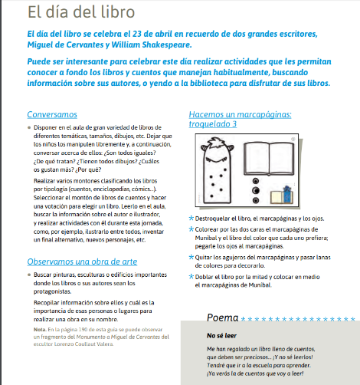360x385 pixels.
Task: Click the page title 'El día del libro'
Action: click(81, 12)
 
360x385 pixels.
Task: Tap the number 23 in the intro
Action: click(136, 34)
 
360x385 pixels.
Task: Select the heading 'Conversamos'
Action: click(52, 114)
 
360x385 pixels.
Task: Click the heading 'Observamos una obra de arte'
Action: click(82, 262)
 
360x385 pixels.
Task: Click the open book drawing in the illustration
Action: click(269, 159)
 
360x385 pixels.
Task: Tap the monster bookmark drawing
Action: click(217, 170)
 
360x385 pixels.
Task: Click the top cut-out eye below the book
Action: click(256, 181)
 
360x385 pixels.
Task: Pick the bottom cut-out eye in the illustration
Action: click(256, 200)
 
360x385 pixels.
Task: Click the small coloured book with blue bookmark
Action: click(282, 196)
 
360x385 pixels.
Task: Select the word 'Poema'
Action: click(222, 318)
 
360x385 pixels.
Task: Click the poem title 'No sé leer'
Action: click(221, 336)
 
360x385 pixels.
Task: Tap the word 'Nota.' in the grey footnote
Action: click(40, 330)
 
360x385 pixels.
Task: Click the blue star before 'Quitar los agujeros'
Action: click(191, 257)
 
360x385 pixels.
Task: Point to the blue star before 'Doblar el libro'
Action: click(191, 276)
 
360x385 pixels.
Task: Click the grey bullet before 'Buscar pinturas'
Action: click(29, 275)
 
